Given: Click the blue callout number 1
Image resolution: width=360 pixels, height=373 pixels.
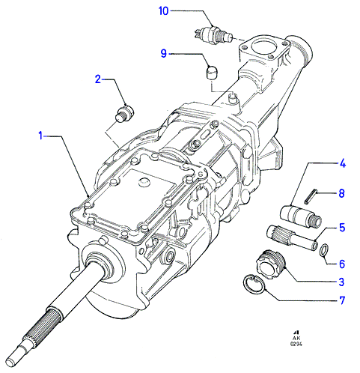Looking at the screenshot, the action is pos(40,136).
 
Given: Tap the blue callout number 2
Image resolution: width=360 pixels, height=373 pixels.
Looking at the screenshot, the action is pos(98,79).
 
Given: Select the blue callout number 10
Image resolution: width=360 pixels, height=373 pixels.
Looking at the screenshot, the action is pos(164,11).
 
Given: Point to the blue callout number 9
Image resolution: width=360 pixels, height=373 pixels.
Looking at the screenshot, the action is pos(164,53).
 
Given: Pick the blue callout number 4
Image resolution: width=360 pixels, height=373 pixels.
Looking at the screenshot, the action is pos(342,164).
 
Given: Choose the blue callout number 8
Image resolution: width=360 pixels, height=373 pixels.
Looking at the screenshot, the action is pos(342,193).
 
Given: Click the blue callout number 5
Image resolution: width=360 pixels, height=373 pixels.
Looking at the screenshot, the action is pos(342,228).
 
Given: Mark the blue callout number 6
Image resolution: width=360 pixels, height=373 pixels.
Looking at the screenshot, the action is pos(342,264).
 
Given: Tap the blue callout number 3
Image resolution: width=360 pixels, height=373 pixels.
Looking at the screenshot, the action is pos(342,282).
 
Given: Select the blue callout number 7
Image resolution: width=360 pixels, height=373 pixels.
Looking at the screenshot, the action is pos(342,300).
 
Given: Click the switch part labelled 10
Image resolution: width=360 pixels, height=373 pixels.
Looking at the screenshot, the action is pos(213,36).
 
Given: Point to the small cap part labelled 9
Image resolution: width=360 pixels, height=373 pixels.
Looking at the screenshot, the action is pos(213,73).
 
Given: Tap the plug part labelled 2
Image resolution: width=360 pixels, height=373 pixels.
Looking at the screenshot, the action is pos(124,115).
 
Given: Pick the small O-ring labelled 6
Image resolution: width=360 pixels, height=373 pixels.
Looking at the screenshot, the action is pos(324,250).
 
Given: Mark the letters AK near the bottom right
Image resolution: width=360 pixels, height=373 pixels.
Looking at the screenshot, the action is pos(296,338).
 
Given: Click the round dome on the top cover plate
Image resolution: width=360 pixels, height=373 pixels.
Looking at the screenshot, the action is pos(144,182).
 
